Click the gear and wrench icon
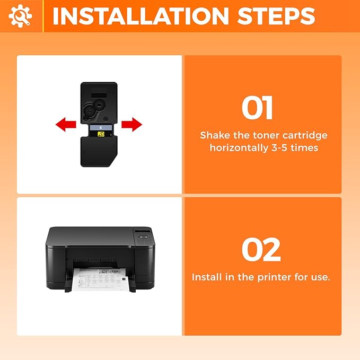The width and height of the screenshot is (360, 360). [x=20, y=16]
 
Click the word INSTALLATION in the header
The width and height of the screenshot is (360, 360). [x=141, y=16]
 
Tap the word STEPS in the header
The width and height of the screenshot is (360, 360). [x=276, y=16]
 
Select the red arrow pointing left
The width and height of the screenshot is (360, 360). [x=66, y=125]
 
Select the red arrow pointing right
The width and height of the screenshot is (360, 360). [x=132, y=125]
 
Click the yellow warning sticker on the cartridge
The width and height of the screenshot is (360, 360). [x=101, y=134]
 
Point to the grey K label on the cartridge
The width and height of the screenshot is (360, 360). [x=101, y=128]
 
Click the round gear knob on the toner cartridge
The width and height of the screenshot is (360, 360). [x=99, y=105]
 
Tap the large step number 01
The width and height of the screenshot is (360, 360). [x=257, y=108]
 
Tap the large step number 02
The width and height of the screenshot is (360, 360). [x=261, y=250]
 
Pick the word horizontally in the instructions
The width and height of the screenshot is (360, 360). [x=239, y=148]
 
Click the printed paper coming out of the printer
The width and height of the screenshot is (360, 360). [x=101, y=279]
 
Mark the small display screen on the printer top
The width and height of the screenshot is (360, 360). [x=143, y=231]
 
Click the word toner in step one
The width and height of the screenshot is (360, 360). [x=266, y=135]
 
